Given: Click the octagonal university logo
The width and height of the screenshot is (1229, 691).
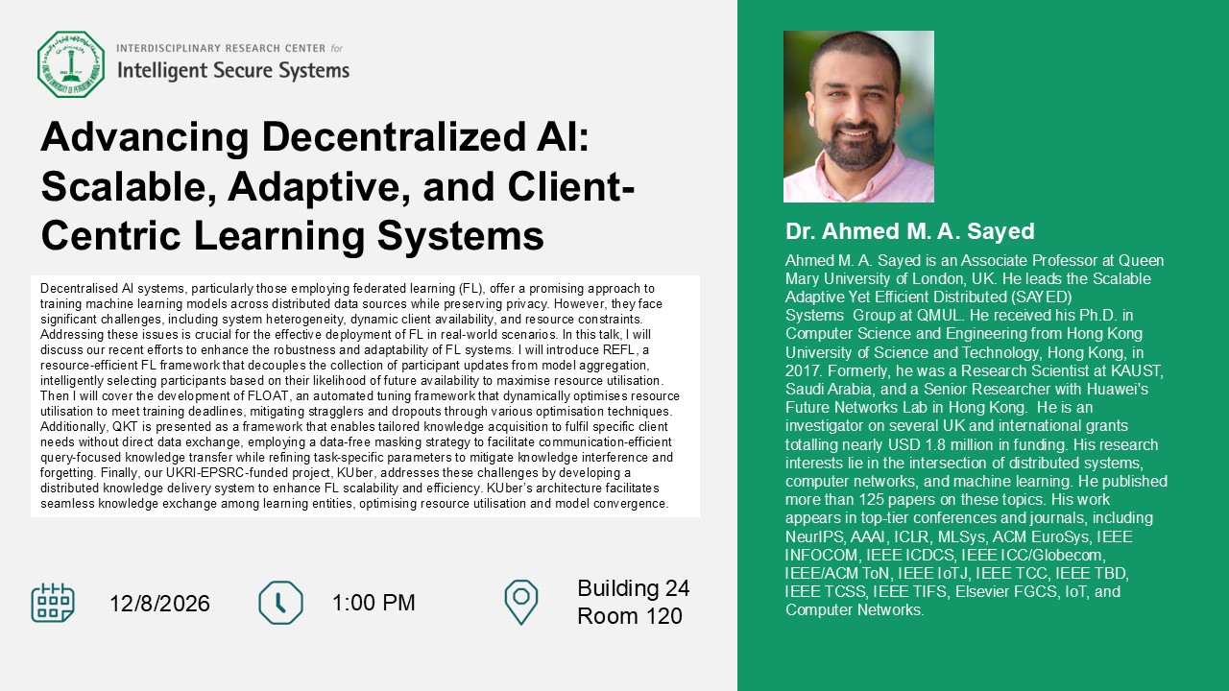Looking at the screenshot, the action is [x=71, y=64].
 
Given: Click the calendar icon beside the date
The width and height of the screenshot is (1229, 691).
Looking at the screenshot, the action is [x=53, y=603].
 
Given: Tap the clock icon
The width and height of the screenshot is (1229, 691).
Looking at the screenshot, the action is [x=280, y=603].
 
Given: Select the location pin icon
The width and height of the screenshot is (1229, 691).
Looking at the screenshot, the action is [x=520, y=602].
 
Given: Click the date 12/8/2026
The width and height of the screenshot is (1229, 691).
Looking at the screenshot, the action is [x=159, y=604].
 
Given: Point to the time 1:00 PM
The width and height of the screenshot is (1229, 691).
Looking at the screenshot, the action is [x=374, y=603].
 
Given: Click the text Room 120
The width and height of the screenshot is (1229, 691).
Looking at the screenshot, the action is [x=629, y=616].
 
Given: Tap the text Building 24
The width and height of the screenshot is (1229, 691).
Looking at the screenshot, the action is [x=633, y=588].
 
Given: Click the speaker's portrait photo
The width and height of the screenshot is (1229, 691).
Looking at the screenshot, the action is [x=858, y=116].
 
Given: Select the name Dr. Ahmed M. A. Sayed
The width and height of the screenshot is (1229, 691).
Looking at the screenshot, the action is [x=909, y=231].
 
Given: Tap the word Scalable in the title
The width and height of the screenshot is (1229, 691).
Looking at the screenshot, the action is [x=129, y=186].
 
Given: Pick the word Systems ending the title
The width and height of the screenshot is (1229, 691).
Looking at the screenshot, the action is [x=460, y=236].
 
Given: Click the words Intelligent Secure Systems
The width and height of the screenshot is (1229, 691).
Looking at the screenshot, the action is [x=233, y=71].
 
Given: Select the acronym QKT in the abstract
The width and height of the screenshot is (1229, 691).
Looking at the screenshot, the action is [x=125, y=427].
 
